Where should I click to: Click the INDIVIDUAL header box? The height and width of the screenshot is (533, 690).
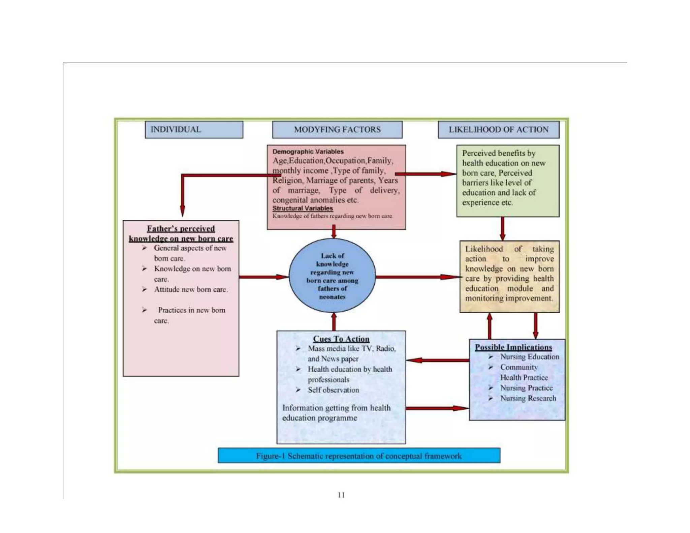pyautogui.click(x=194, y=130)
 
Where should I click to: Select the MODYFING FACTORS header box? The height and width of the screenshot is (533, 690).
pyautogui.click(x=337, y=130)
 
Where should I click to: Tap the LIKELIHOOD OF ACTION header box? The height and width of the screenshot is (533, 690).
pyautogui.click(x=498, y=130)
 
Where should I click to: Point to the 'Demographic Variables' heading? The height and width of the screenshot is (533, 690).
pyautogui.click(x=308, y=152)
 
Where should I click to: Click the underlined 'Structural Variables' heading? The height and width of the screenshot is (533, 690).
pyautogui.click(x=303, y=209)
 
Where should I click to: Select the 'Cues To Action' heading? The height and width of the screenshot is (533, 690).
pyautogui.click(x=341, y=339)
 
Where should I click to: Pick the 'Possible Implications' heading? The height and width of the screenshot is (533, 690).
pyautogui.click(x=513, y=347)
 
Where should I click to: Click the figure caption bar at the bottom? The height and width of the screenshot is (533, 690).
pyautogui.click(x=359, y=456)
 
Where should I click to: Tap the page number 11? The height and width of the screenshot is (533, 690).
pyautogui.click(x=341, y=495)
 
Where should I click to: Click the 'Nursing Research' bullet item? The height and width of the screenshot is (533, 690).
pyautogui.click(x=528, y=399)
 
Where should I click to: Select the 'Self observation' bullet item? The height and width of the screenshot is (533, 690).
pyautogui.click(x=333, y=390)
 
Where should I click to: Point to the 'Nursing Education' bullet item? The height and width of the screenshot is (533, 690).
pyautogui.click(x=529, y=357)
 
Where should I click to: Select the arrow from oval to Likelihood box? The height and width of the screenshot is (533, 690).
pyautogui.click(x=418, y=277)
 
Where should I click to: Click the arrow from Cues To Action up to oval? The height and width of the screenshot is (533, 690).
pyautogui.click(x=334, y=322)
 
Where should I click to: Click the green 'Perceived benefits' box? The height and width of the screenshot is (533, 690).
pyautogui.click(x=508, y=181)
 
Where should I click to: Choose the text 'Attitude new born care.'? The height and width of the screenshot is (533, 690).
pyautogui.click(x=191, y=290)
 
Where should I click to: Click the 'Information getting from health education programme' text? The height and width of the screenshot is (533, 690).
pyautogui.click(x=336, y=413)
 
